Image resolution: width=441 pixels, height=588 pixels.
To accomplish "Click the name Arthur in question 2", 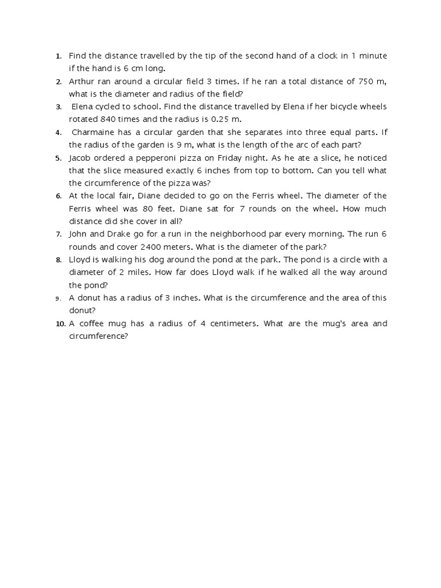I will point(81,82).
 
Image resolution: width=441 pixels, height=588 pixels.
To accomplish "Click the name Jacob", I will point(80,157).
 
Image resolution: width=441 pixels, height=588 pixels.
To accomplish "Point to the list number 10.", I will point(61,324).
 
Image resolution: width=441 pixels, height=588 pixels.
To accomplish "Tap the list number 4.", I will point(59,133).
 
